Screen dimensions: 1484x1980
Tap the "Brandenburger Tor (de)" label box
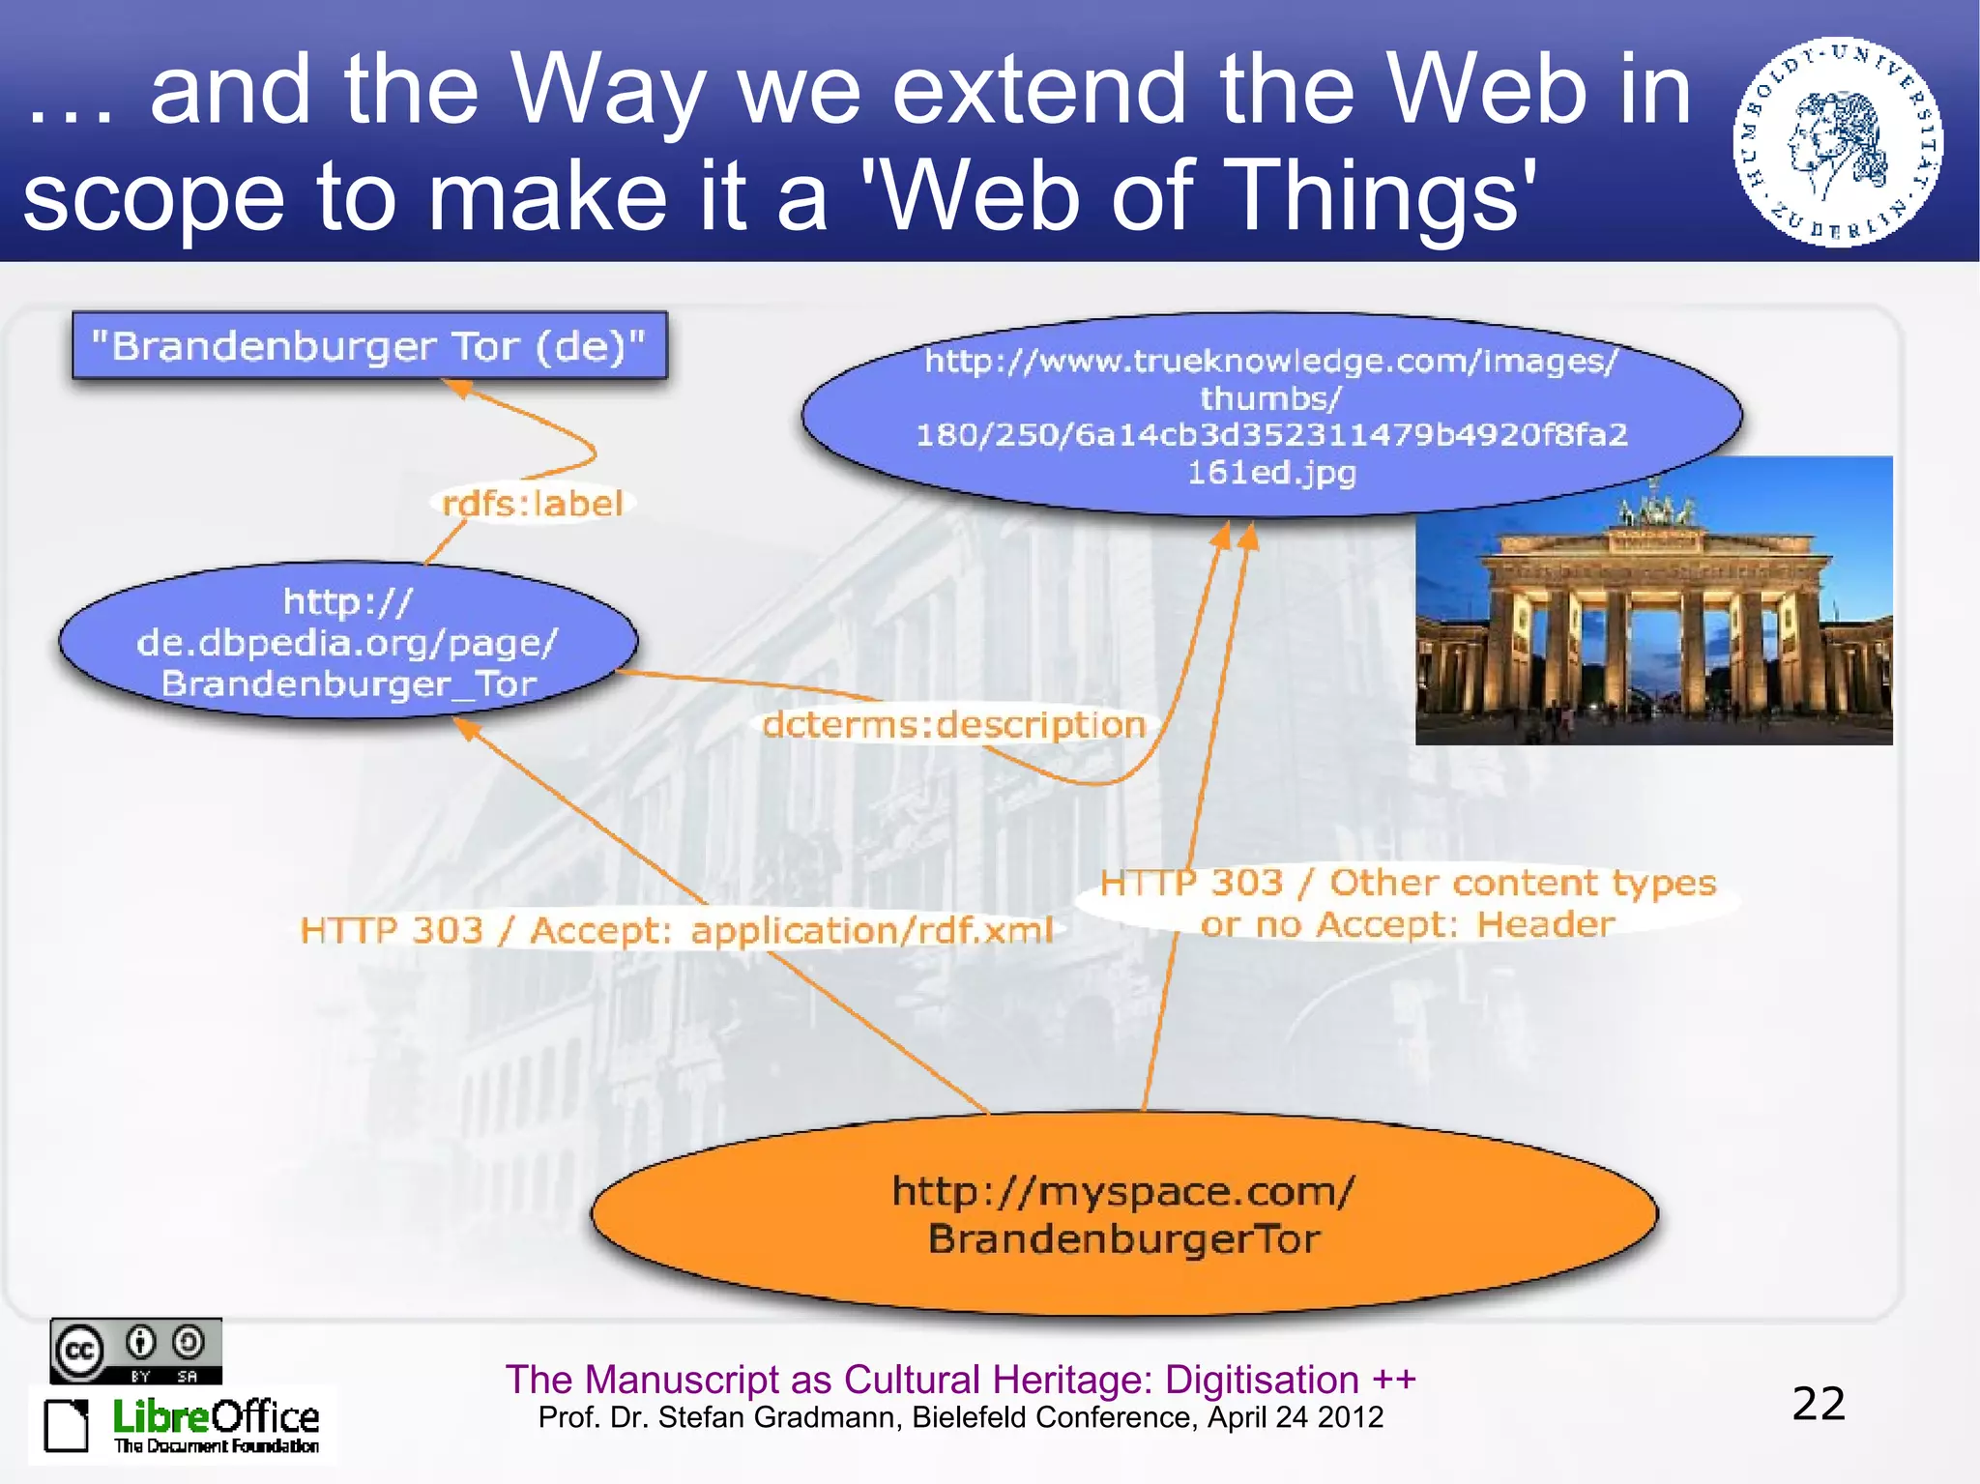point(369,345)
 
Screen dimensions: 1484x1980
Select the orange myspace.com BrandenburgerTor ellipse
point(1124,1214)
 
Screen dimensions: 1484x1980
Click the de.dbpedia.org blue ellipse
point(348,641)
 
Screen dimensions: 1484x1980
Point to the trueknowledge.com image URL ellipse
point(1271,416)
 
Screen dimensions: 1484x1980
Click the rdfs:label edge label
point(532,504)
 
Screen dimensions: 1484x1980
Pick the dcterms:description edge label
point(953,725)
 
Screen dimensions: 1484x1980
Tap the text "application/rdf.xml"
point(871,930)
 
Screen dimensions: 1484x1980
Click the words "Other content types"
point(1522,883)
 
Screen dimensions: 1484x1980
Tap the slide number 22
point(1819,1404)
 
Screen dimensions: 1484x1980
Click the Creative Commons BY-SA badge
point(136,1351)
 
